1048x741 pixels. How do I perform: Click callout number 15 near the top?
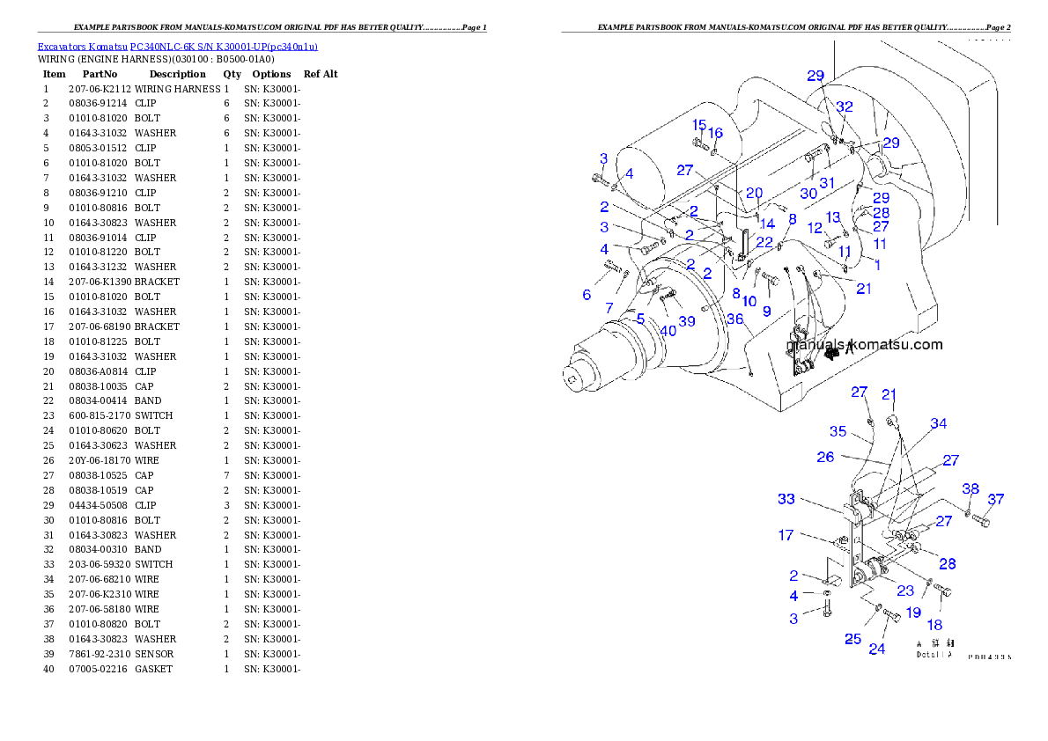coord(699,124)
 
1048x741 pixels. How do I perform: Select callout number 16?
coord(716,133)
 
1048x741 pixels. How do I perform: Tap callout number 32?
coord(845,106)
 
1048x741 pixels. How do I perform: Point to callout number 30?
coord(809,194)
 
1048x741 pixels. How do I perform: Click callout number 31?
coord(827,182)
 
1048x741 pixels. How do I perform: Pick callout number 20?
coord(754,193)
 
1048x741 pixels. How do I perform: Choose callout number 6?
coord(587,295)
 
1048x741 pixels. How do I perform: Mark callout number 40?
coord(668,331)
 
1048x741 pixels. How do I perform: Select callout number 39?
coord(687,321)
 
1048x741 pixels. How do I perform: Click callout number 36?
coord(734,319)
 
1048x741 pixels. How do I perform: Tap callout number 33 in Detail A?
coord(786,499)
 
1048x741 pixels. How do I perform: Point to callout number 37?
coord(995,499)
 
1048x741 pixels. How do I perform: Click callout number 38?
coord(971,489)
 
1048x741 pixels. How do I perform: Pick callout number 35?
coord(838,431)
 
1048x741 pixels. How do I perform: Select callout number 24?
coord(877,649)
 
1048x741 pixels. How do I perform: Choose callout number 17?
coord(786,534)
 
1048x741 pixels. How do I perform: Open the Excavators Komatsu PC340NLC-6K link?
coord(177,46)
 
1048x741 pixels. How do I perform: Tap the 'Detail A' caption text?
coord(934,654)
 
